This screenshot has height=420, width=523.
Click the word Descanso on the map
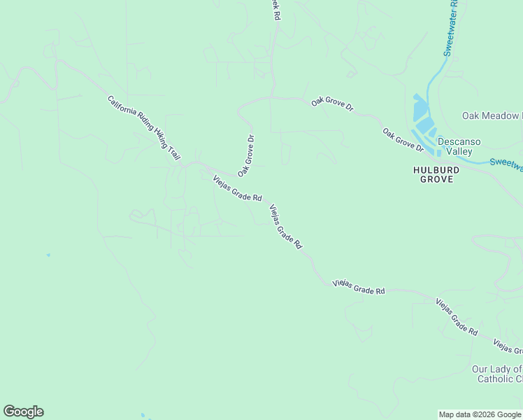pos(459,141)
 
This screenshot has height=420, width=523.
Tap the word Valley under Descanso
pos(459,151)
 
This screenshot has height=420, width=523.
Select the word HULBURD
pos(436,169)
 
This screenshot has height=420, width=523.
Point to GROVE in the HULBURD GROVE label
pos(436,179)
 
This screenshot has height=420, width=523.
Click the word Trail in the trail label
pos(174,154)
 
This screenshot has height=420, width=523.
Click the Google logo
pos(23,412)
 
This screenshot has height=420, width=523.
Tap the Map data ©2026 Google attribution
pos(480,414)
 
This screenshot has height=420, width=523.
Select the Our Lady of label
pos(496,369)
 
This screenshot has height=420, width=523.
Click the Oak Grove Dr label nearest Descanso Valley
pos(403,139)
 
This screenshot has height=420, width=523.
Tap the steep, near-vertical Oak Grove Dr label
pos(245,155)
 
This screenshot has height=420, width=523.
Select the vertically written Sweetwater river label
pos(450,28)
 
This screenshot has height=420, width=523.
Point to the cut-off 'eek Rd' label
pos(277,9)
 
